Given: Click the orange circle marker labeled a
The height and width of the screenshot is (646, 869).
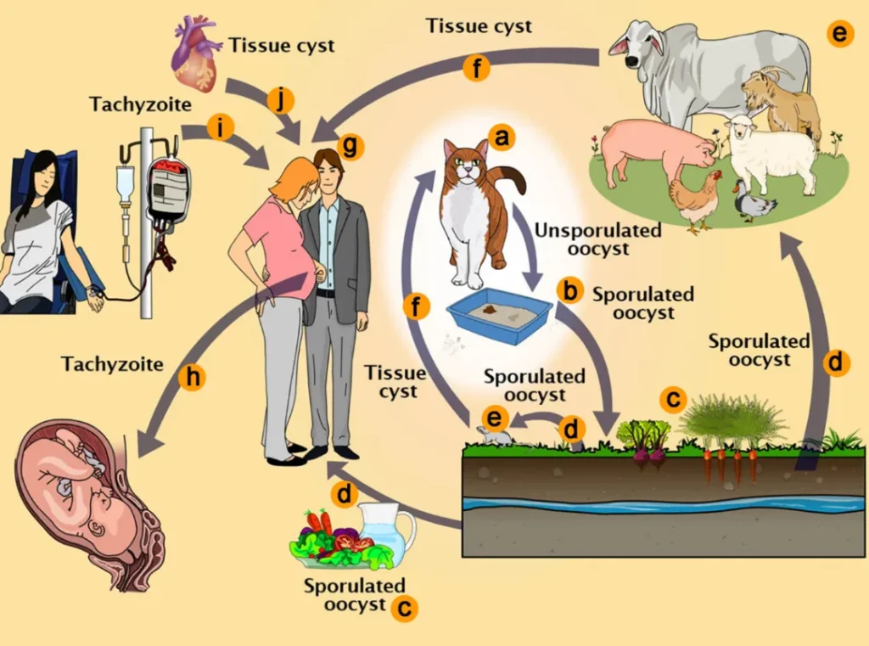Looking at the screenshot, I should pyautogui.click(x=502, y=136).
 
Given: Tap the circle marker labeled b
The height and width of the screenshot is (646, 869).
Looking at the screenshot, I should pyautogui.click(x=569, y=290).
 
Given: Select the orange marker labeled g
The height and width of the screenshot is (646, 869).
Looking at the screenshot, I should pyautogui.click(x=350, y=146).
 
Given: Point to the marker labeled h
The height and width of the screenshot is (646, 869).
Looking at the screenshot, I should pyautogui.click(x=193, y=378).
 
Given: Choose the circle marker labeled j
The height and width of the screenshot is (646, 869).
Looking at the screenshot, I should pyautogui.click(x=279, y=99).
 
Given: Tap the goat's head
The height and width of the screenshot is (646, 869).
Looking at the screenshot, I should pyautogui.click(x=761, y=87).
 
